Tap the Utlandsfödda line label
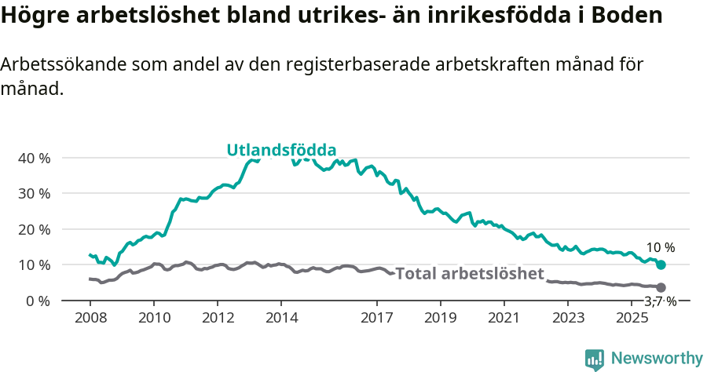pos(281,150)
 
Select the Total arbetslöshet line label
pos(470,273)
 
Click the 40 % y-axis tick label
pos(33,158)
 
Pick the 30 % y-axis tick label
pos(33,193)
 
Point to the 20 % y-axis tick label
pos(33,229)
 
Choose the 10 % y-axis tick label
pos(33,264)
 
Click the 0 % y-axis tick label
pos(36,301)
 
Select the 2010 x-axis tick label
pos(153,318)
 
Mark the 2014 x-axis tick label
pos(281,318)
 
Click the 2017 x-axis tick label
pos(376,318)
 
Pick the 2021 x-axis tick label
pos(504,318)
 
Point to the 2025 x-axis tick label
pos(631,318)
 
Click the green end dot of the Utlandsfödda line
pos(661,265)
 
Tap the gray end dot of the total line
pos(661,288)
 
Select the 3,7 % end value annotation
pos(660,301)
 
